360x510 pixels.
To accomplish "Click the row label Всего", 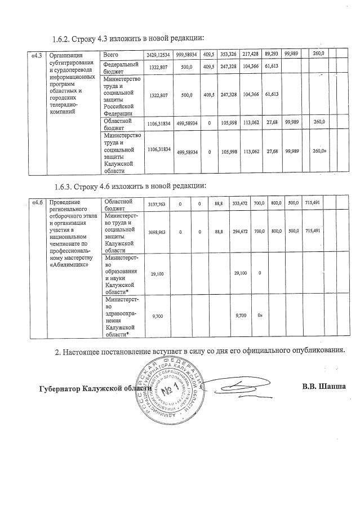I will tap(110, 55).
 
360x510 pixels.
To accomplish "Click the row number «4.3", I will tap(37, 55).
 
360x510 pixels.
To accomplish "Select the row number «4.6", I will tap(37, 202).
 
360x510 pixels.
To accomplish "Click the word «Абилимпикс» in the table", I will tap(70, 266).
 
